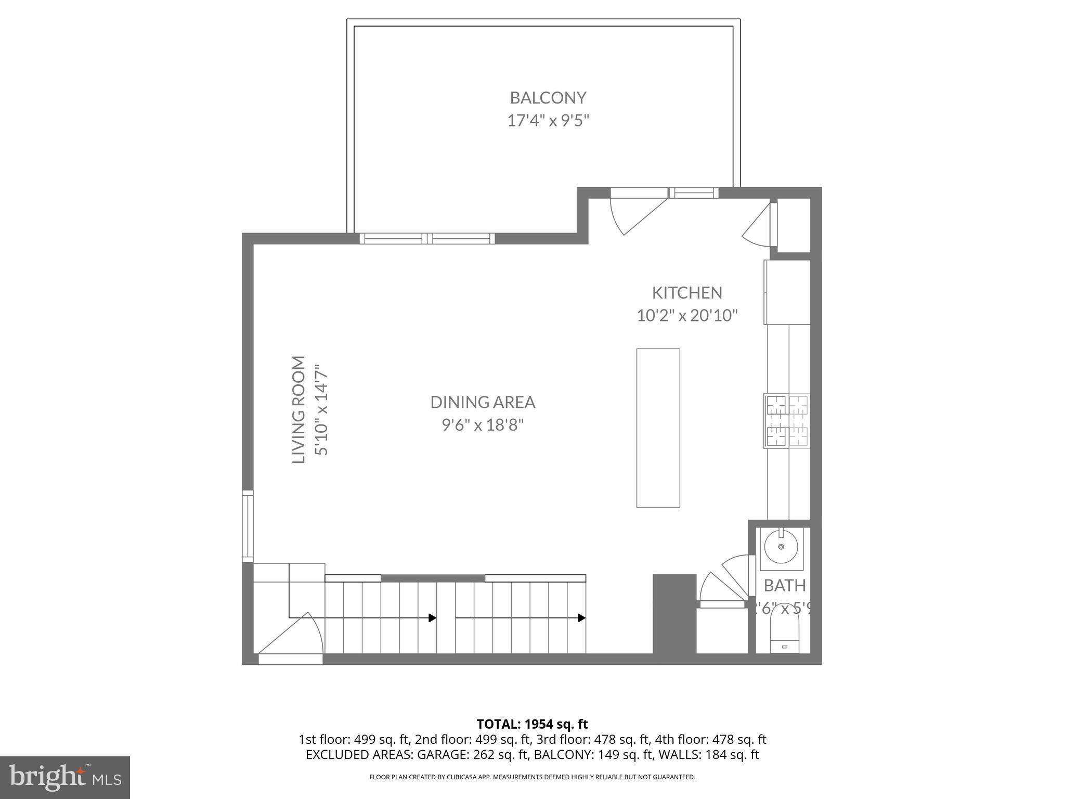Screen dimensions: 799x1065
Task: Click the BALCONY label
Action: (548, 98)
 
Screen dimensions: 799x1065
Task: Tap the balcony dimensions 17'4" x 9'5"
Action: (548, 121)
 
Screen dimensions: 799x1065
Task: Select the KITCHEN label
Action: (687, 293)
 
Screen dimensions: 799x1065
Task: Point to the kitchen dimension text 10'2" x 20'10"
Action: (687, 315)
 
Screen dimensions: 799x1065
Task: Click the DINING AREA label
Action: (482, 402)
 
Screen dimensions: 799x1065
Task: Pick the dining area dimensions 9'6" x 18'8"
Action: (482, 425)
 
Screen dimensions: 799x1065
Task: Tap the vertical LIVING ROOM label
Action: (298, 409)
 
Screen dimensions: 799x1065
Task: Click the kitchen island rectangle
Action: (658, 428)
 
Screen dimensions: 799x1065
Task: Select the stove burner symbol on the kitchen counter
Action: (786, 420)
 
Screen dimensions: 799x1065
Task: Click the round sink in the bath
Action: (781, 547)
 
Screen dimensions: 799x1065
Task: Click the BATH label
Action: (784, 586)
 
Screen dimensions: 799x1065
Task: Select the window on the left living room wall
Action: (248, 526)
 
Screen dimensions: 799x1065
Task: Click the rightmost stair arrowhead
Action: (582, 618)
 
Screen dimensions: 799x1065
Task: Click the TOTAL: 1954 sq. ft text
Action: (532, 724)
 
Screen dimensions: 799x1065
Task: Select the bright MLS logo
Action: (65, 777)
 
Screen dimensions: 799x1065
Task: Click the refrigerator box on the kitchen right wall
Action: (787, 292)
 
